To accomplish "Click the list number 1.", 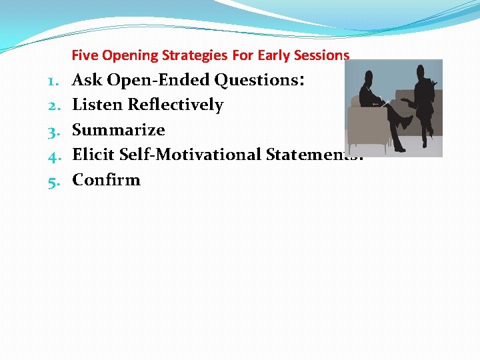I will [53, 81].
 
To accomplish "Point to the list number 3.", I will [53, 130].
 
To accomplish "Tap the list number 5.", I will [53, 180].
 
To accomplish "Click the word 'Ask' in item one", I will [87, 80].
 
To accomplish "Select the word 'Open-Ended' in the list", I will [158, 80].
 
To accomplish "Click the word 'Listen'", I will [97, 105].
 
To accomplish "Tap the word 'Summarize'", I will [118, 130].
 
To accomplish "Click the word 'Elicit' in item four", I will [94, 155].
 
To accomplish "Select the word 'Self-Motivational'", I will [190, 155].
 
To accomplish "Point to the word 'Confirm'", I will [106, 180].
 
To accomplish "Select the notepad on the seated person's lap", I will [383, 102].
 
